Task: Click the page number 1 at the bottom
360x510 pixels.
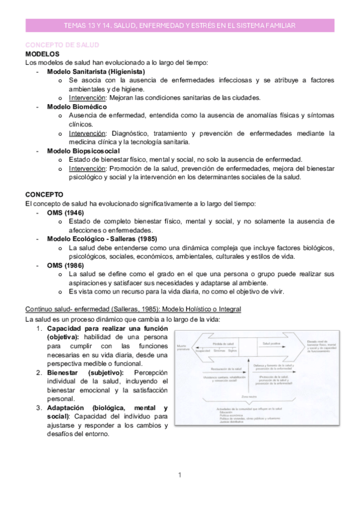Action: click(179, 476)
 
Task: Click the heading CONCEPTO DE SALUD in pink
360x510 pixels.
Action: click(62, 45)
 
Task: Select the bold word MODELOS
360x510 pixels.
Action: click(42, 54)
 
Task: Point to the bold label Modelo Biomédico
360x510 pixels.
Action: click(77, 106)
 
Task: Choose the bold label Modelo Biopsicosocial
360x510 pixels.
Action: click(83, 150)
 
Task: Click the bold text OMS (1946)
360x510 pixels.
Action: click(66, 213)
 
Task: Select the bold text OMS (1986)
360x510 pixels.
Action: click(66, 265)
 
